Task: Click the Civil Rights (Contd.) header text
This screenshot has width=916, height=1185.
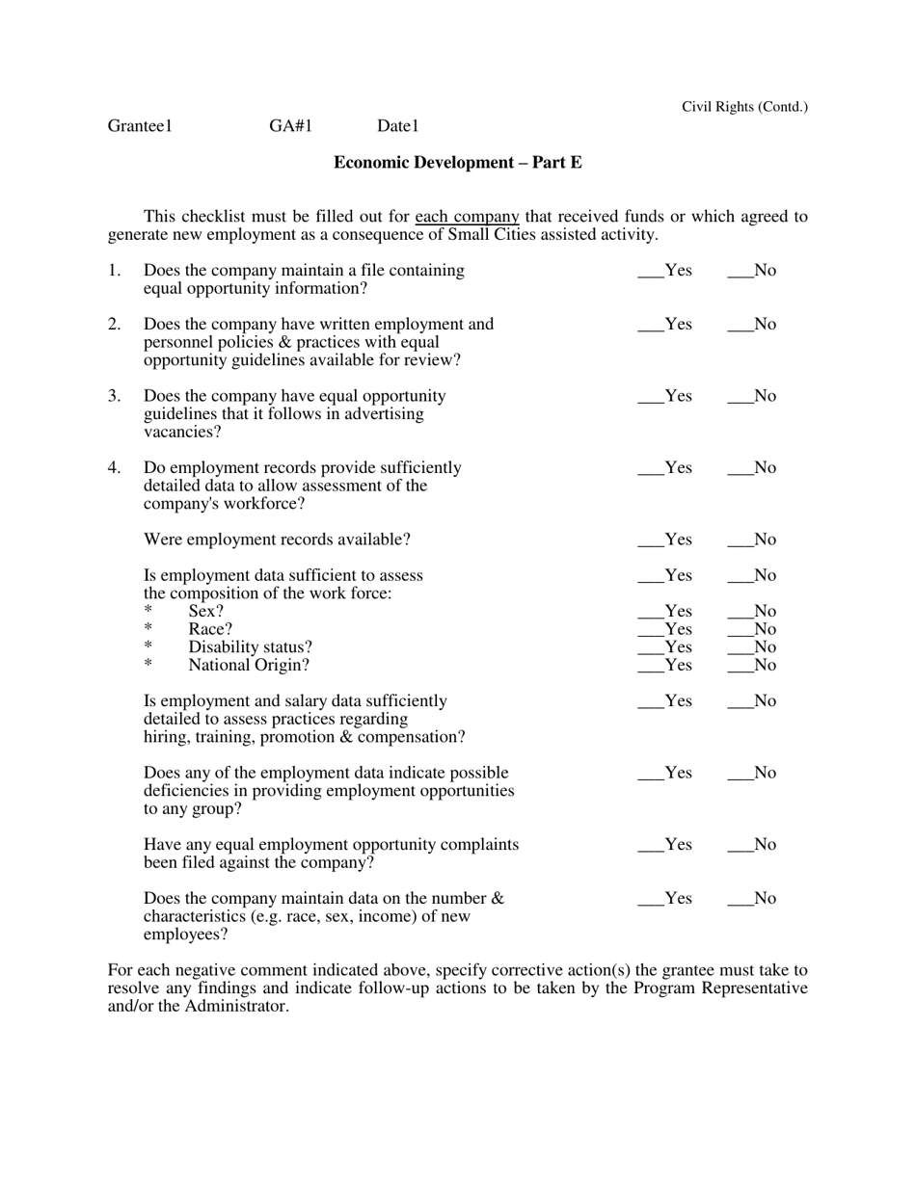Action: coord(744,107)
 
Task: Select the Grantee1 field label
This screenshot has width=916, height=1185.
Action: coord(140,126)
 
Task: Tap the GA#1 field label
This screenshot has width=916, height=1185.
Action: coord(291,126)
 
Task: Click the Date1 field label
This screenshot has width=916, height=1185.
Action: coord(398,126)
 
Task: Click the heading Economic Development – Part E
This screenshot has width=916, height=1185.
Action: coord(457,163)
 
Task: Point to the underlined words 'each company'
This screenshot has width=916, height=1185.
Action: coord(467,217)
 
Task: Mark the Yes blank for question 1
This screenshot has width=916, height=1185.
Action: coord(651,272)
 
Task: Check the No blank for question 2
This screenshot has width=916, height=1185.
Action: coord(740,326)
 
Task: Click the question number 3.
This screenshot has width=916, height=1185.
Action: coord(114,396)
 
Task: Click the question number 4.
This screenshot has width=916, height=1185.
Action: coord(114,468)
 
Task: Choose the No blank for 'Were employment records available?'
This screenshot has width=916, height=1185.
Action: coord(740,541)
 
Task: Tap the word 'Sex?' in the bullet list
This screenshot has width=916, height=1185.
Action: coord(205,612)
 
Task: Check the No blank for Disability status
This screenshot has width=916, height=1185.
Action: coord(740,648)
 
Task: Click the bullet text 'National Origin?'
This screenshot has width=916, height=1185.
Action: coord(249,666)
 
